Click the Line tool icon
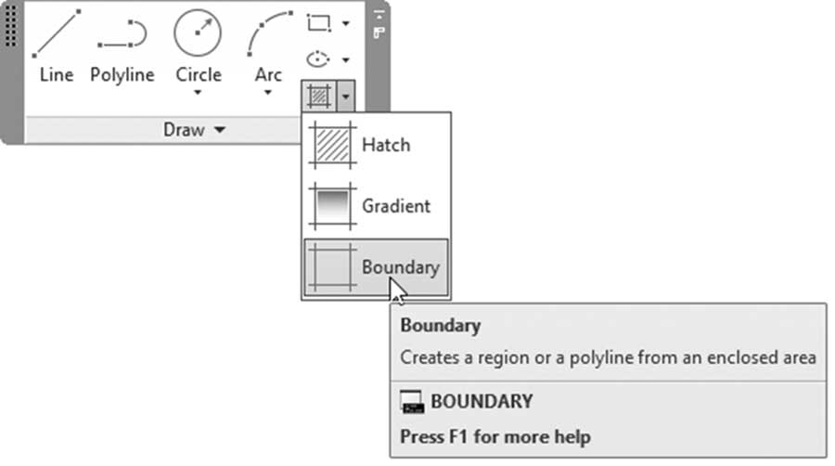(57, 33)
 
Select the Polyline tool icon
(122, 33)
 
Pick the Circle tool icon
(198, 32)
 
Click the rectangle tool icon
(319, 23)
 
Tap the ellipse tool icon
(318, 59)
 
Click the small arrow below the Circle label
(198, 93)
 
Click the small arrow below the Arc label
(268, 93)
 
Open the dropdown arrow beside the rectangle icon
(346, 23)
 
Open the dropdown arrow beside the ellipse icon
(346, 59)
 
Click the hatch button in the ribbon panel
(318, 97)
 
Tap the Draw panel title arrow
(220, 129)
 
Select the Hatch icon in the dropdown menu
(333, 145)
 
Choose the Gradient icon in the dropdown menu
(333, 206)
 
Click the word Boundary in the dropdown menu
(401, 267)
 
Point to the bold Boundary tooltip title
(441, 326)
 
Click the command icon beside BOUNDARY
(412, 402)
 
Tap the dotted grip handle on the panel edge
(10, 25)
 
